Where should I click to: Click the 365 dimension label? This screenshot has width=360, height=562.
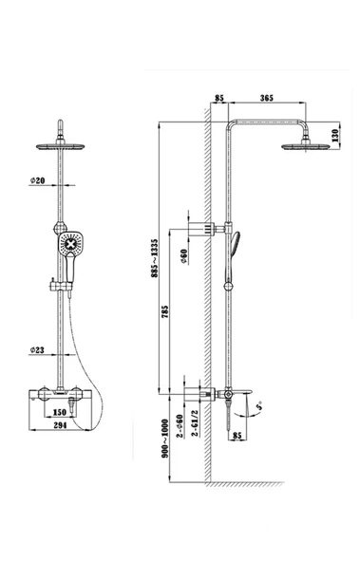pyautogui.click(x=266, y=98)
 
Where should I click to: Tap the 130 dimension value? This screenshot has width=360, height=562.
pyautogui.click(x=335, y=136)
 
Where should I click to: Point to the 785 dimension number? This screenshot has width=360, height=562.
pyautogui.click(x=164, y=312)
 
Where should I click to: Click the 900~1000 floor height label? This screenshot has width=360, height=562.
pyautogui.click(x=165, y=439)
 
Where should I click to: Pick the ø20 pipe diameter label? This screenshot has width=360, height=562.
pyautogui.click(x=38, y=180)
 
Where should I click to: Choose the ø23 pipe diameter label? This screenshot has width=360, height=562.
pyautogui.click(x=37, y=349)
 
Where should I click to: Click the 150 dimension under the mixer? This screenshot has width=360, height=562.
pyautogui.click(x=60, y=412)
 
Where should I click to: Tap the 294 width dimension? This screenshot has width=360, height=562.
pyautogui.click(x=60, y=425)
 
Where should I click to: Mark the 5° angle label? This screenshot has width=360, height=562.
pyautogui.click(x=259, y=405)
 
